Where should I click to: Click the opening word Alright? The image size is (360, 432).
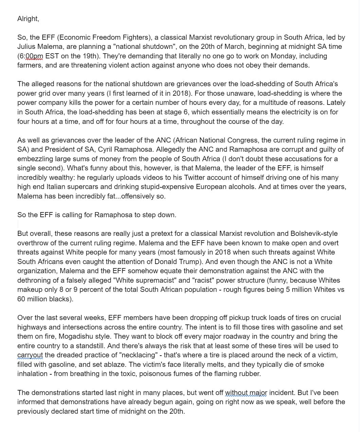point(28,19)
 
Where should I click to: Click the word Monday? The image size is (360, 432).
point(276,56)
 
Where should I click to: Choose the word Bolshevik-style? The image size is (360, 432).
point(314,233)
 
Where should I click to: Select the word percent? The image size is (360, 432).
point(88,289)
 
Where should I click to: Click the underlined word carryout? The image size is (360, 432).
point(30,355)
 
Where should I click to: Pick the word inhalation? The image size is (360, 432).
point(32,374)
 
